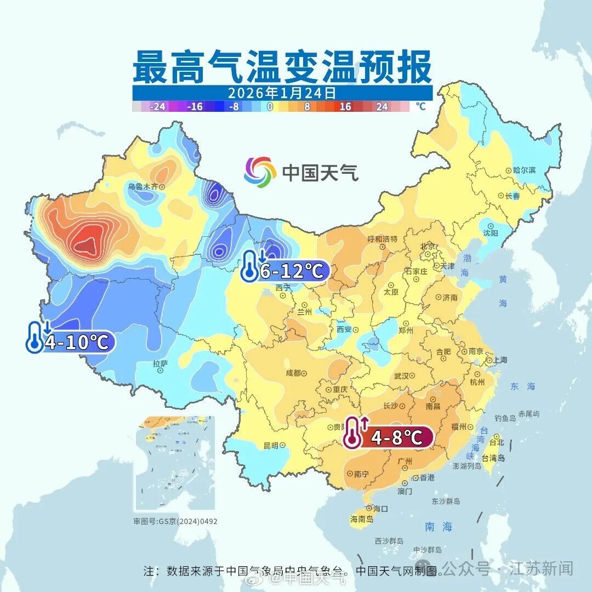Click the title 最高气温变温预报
(x=282, y=67)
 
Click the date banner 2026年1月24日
(x=282, y=93)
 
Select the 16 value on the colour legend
(x=345, y=107)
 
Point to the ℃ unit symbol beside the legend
(x=420, y=106)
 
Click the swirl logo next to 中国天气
(x=260, y=172)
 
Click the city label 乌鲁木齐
(x=143, y=186)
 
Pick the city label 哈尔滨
(x=524, y=170)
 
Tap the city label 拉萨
(x=160, y=363)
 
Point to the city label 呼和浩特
(x=382, y=239)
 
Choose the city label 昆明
(x=270, y=445)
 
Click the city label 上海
(x=500, y=360)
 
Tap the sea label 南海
(x=439, y=527)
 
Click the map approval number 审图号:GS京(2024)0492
(x=175, y=521)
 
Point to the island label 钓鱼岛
(x=505, y=418)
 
